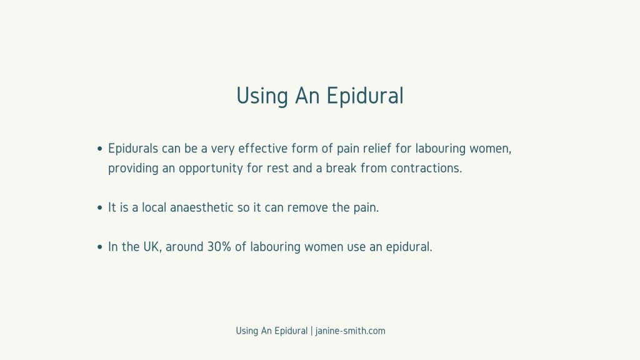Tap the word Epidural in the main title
tap(365, 96)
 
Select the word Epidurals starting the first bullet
tap(132, 149)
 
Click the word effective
tap(263, 148)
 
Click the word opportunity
tap(211, 168)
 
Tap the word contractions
tap(426, 168)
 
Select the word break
tap(341, 167)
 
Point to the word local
tap(154, 207)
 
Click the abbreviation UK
tap(151, 247)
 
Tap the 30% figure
tap(219, 247)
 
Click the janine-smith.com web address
tap(350, 331)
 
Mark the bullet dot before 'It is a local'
tap(100, 207)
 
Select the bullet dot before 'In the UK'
tap(100, 247)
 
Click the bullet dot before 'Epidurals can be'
tap(100, 149)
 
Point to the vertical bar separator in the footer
tap(311, 331)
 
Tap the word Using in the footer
tap(247, 331)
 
